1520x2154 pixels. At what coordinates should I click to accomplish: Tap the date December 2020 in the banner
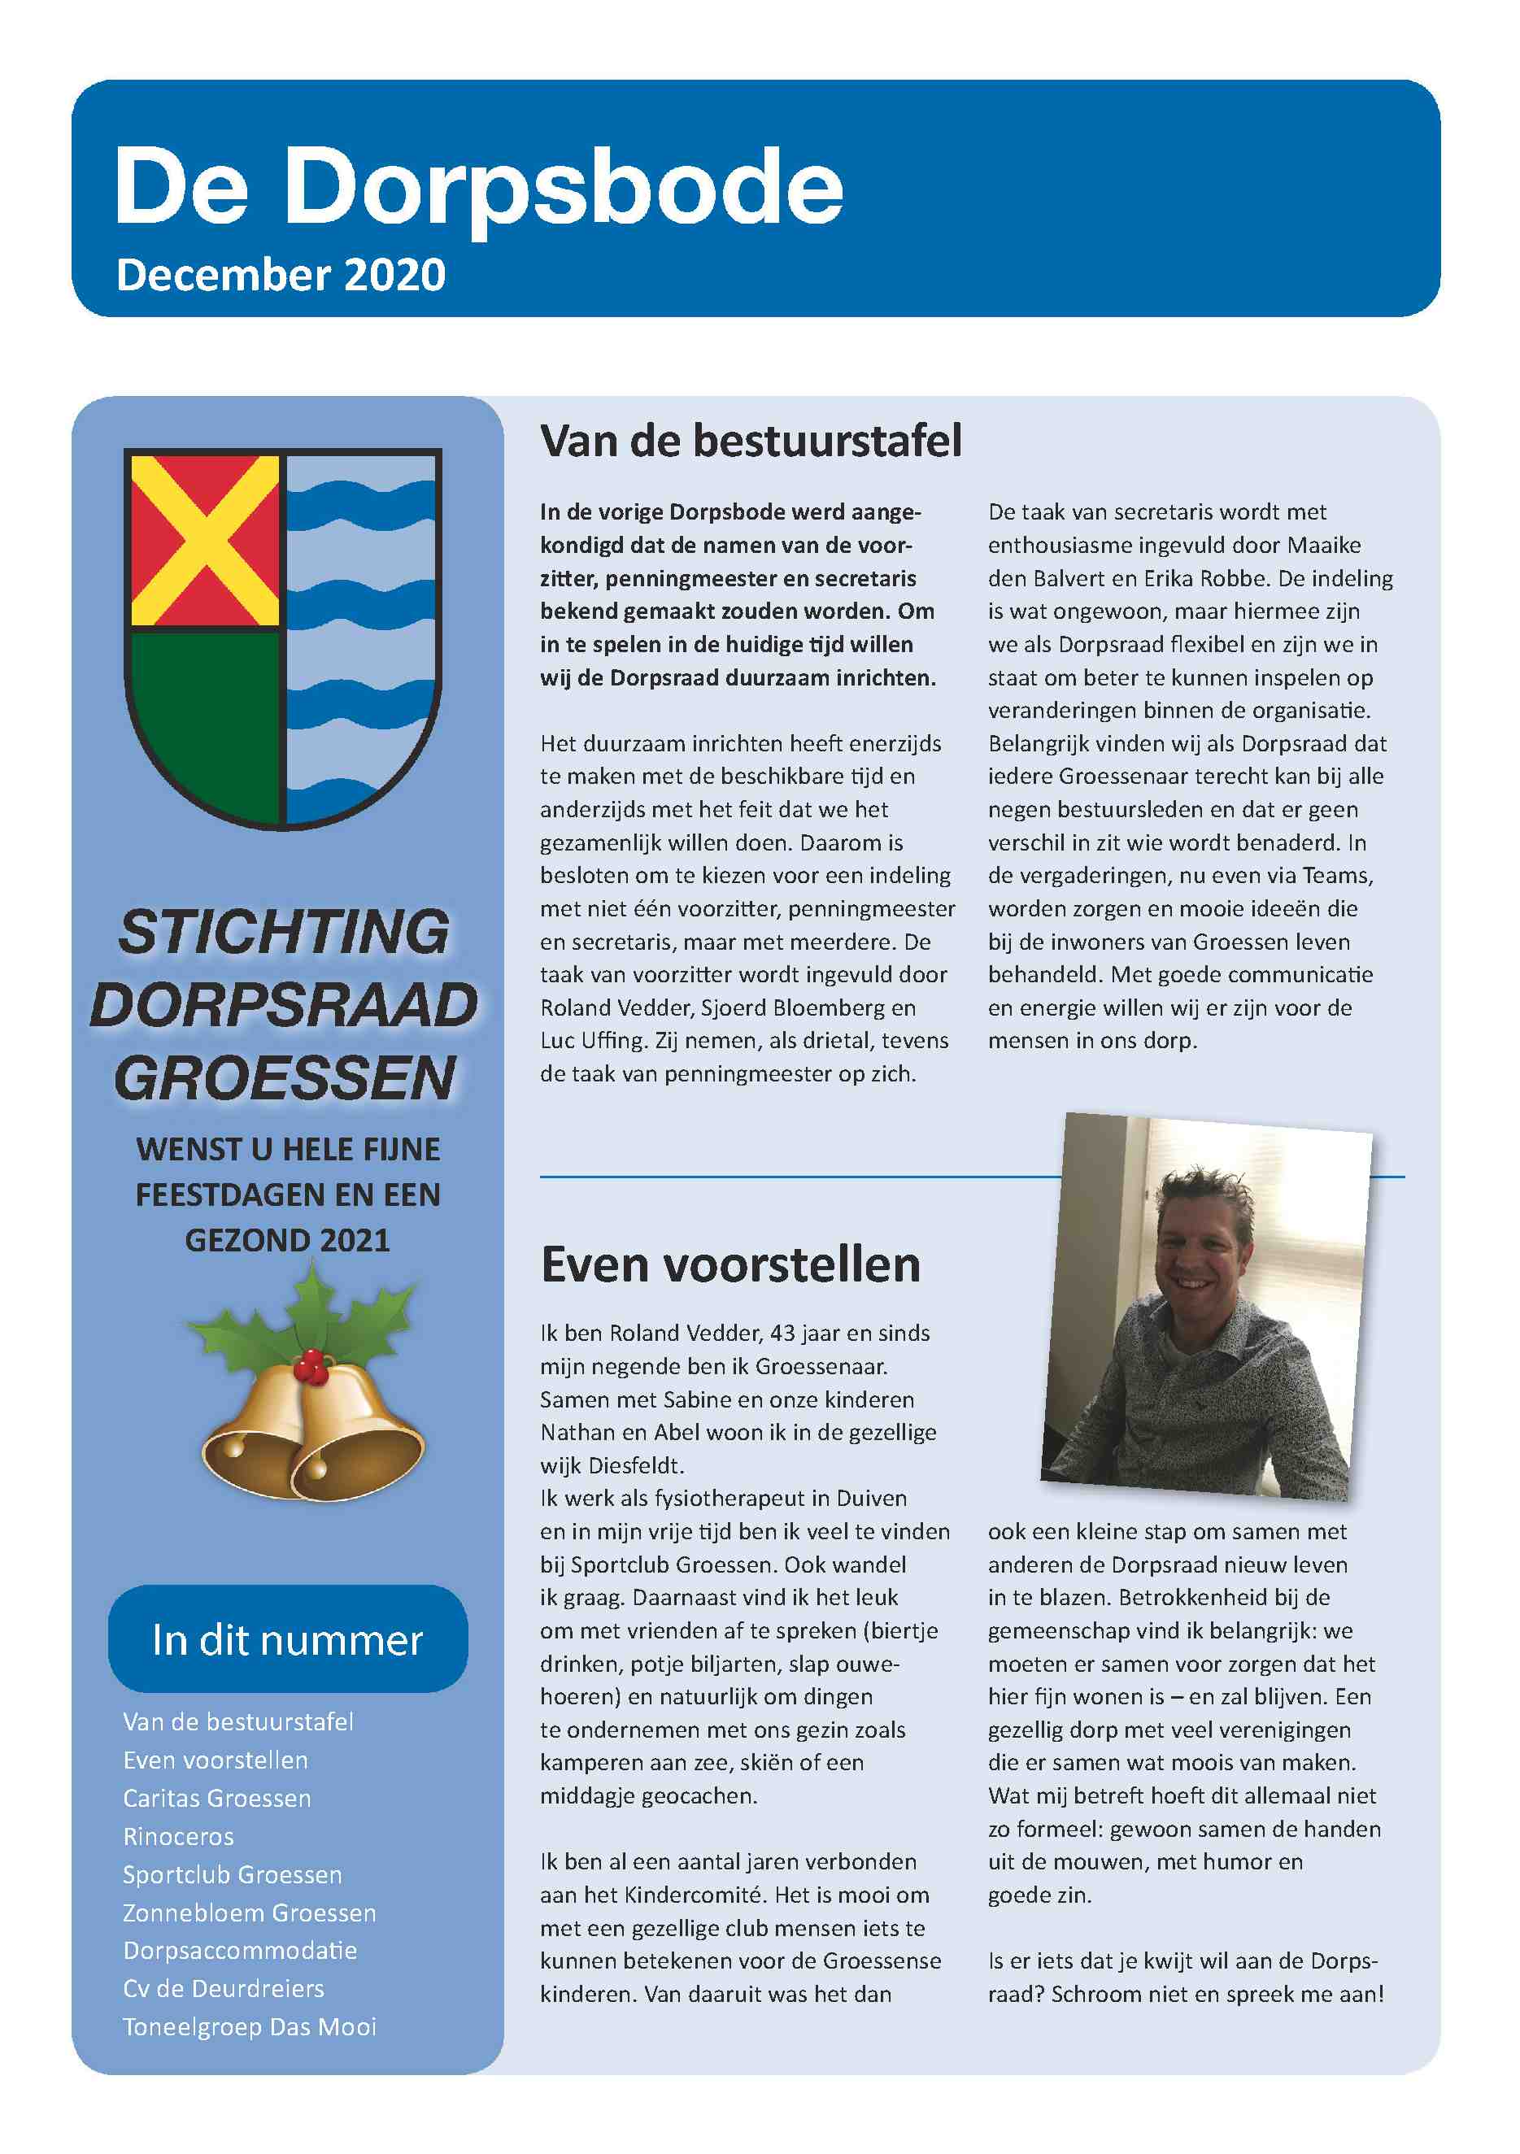pos(281,275)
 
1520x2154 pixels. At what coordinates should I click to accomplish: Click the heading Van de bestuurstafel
pos(751,441)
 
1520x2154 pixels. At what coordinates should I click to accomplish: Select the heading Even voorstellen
pos(730,1264)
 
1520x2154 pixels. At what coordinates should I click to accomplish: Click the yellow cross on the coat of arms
pos(205,541)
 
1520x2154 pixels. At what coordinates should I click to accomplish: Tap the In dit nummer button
pos(287,1640)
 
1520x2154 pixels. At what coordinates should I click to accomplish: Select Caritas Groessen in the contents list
pos(217,1799)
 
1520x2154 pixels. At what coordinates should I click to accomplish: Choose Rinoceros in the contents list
pos(178,1836)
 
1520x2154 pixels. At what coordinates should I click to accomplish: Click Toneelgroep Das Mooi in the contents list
pos(250,2026)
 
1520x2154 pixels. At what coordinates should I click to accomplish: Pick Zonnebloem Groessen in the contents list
pos(250,1912)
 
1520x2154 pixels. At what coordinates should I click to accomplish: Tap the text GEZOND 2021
pos(287,1240)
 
